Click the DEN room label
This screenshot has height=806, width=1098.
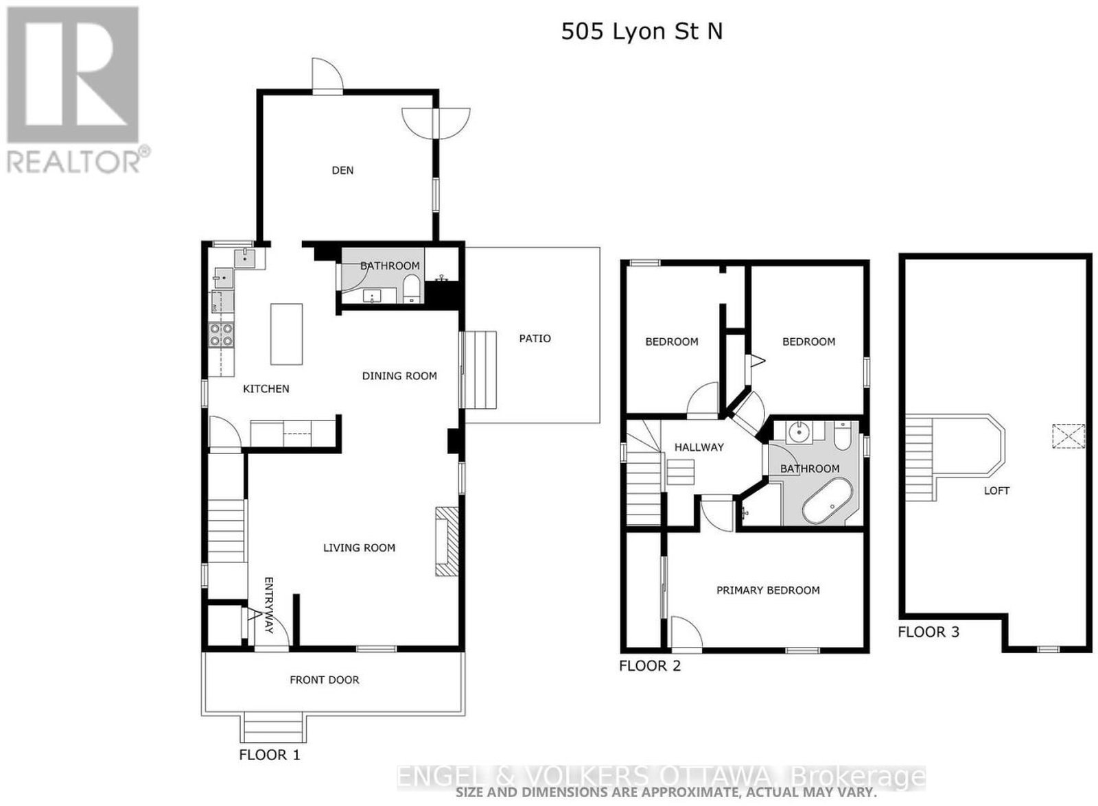(342, 170)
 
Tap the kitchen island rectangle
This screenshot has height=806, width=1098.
(286, 334)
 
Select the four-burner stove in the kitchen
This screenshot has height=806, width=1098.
(221, 335)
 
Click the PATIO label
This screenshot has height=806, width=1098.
(535, 338)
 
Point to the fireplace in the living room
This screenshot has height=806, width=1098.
(447, 541)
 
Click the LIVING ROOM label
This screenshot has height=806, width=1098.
(360, 548)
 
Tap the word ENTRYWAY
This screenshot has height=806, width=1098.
(268, 605)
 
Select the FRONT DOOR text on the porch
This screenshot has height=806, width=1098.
(325, 680)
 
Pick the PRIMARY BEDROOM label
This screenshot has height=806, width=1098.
(768, 591)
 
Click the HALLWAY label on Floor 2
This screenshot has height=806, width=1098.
(699, 447)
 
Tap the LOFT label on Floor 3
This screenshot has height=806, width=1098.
(996, 490)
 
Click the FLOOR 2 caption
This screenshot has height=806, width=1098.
(650, 666)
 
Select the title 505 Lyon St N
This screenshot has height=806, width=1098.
(642, 32)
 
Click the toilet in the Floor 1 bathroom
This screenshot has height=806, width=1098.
(411, 289)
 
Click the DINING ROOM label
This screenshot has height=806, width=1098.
(399, 376)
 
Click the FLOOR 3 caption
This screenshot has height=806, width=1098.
(928, 632)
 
